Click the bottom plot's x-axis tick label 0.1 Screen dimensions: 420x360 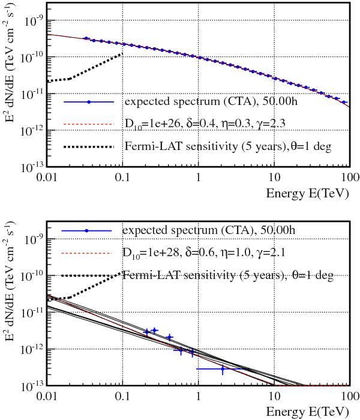122,397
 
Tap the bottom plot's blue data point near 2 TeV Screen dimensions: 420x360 223,369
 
